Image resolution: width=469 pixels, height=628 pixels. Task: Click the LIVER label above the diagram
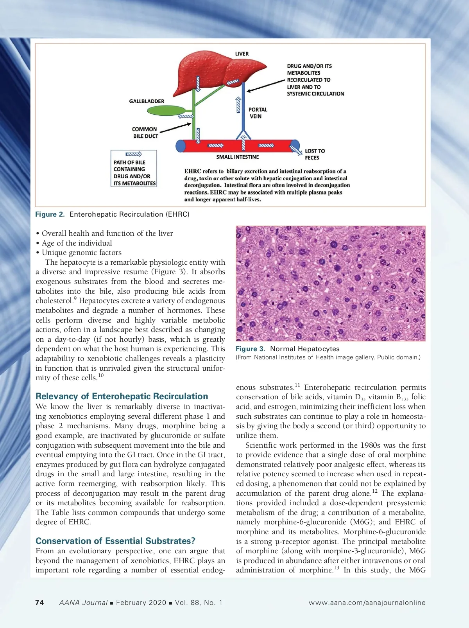point(242,54)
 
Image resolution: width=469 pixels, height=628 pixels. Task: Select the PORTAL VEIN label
point(257,113)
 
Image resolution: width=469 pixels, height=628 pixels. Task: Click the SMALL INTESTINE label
point(237,157)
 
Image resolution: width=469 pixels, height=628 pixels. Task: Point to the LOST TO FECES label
point(315,154)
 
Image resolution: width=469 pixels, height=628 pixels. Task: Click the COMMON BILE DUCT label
point(145,133)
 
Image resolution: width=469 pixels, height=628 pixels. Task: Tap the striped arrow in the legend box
point(133,154)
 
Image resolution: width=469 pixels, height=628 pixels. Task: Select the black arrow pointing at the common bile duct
point(175,128)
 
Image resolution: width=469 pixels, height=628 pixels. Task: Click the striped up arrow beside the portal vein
point(238,105)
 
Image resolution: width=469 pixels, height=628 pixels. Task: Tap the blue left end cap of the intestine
point(181,146)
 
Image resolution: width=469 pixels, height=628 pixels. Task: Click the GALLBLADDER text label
point(147,101)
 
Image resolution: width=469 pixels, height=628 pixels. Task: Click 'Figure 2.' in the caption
point(50,214)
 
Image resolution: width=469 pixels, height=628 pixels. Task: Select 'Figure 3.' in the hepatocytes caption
point(250,349)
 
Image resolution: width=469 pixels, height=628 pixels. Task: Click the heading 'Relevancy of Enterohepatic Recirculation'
point(122,396)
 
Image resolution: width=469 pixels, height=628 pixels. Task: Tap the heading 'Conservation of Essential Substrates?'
point(115,541)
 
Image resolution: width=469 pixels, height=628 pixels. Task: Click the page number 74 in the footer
point(39,603)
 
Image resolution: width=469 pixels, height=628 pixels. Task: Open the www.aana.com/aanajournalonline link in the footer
point(367,603)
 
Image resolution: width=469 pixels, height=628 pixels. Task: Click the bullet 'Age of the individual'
point(77,243)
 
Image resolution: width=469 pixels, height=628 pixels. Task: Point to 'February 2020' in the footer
point(141,603)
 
